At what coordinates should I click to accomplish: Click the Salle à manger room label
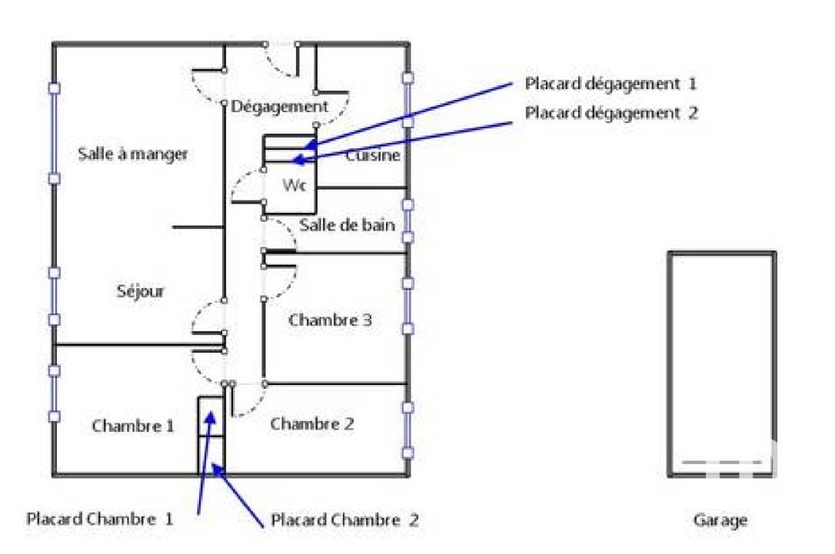click(x=133, y=154)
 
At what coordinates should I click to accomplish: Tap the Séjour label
click(x=141, y=291)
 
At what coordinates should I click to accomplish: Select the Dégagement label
click(x=279, y=106)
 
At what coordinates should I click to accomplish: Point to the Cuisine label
click(x=373, y=156)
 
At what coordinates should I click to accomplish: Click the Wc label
click(x=293, y=185)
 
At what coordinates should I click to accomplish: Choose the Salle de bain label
click(x=347, y=225)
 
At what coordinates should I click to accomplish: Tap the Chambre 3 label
click(x=330, y=320)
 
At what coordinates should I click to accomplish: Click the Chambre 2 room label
click(x=312, y=423)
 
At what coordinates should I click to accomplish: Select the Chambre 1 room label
click(x=133, y=425)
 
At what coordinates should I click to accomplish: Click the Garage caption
click(x=720, y=520)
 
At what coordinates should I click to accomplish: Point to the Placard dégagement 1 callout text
click(x=610, y=83)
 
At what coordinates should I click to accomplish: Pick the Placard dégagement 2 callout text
click(x=611, y=112)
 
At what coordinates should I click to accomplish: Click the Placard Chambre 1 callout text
click(x=100, y=519)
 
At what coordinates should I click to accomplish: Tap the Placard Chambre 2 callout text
click(x=345, y=520)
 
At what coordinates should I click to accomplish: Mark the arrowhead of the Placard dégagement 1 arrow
click(x=310, y=144)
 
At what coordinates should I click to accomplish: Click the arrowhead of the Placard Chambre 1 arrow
click(x=211, y=417)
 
